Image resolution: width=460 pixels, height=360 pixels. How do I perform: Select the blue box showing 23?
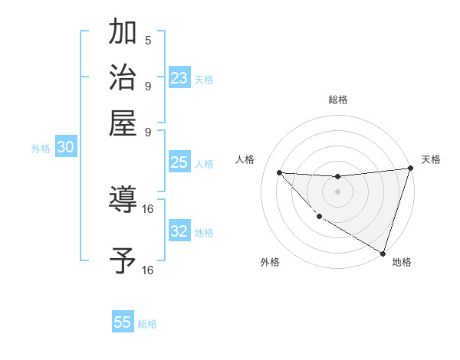pos(179,78)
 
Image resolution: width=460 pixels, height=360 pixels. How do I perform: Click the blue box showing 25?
pos(179,162)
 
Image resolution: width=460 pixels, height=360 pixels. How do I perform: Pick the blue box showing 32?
pos(179,231)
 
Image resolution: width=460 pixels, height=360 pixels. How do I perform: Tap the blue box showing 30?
pos(65,149)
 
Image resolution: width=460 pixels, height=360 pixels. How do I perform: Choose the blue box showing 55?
pos(123,322)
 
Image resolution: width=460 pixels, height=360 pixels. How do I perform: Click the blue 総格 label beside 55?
pos(147,324)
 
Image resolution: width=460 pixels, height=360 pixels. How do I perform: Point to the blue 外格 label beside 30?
pos(41,149)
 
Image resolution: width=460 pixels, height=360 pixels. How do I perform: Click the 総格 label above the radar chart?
pos(337,100)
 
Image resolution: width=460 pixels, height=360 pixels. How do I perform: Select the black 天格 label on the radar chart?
pos(431,159)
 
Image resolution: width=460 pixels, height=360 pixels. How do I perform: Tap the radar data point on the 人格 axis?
pos(279,172)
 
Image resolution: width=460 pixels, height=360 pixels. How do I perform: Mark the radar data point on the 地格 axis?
pos(383,253)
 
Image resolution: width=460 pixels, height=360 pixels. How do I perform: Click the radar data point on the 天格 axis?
pos(409,169)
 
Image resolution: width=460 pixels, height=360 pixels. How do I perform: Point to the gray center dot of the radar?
pos(337,191)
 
